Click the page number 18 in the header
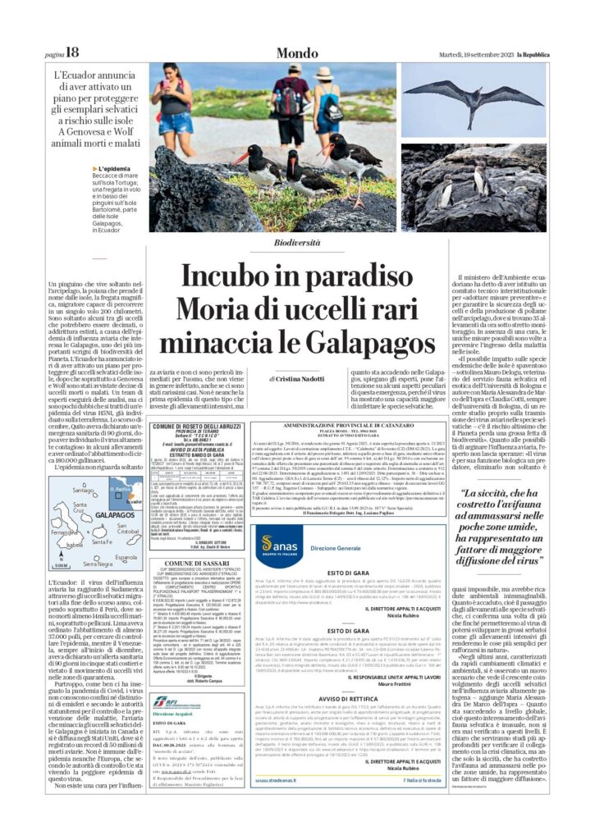(71, 52)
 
